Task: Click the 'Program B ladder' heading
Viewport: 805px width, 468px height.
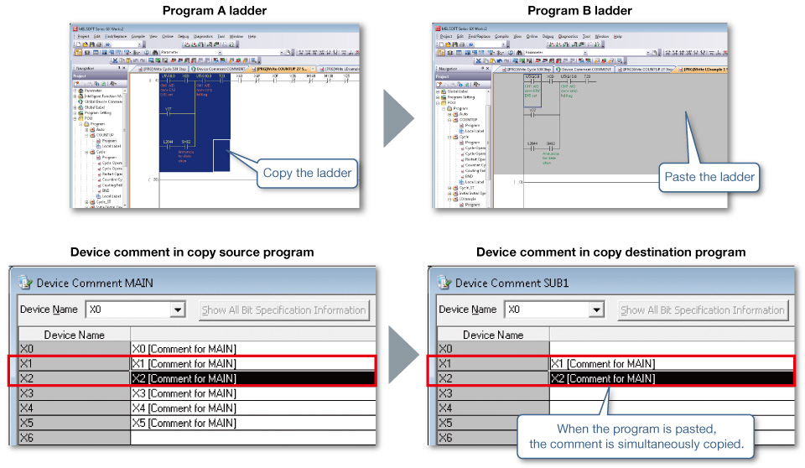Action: point(580,10)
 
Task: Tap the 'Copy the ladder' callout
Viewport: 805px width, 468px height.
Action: point(307,173)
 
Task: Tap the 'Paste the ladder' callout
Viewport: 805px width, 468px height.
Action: point(709,176)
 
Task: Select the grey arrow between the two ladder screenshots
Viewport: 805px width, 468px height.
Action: point(398,117)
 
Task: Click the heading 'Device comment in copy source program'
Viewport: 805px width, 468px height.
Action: point(192,252)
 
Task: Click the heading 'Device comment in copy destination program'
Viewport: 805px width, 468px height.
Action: point(610,252)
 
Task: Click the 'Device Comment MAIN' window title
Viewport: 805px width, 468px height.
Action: point(95,283)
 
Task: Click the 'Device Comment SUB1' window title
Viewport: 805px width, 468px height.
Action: point(513,283)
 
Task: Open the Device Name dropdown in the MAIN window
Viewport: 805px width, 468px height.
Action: point(176,309)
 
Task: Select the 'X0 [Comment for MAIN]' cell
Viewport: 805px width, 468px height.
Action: point(184,349)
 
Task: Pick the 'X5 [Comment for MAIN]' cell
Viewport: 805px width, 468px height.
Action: point(184,423)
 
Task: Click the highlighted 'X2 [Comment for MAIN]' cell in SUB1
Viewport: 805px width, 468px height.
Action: point(602,378)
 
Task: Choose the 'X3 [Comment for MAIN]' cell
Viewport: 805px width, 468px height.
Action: point(184,393)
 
